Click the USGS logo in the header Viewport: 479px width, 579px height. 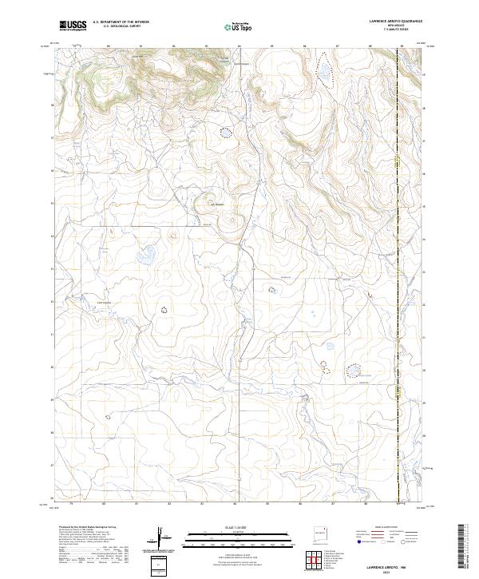click(73, 26)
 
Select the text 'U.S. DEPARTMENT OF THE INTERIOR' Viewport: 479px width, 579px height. click(121, 22)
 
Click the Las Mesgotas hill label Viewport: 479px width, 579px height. click(217, 203)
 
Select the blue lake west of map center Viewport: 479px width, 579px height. click(145, 257)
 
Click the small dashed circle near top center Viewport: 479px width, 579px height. click(226, 133)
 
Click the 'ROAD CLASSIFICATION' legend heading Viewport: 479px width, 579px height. click(382, 528)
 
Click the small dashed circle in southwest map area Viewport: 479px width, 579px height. click(108, 416)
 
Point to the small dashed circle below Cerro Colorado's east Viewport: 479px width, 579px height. click(165, 309)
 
